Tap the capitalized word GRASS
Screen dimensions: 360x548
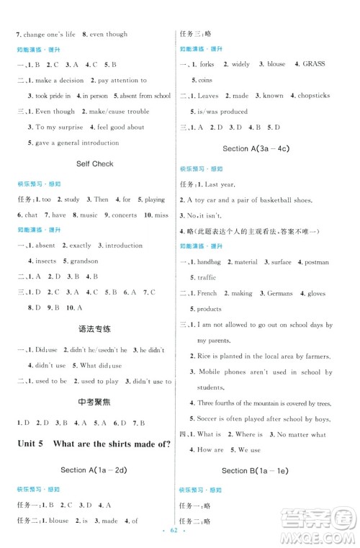[x=315, y=64]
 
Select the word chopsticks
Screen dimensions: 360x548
[x=312, y=96]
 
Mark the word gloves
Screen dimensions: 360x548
[x=317, y=294]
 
